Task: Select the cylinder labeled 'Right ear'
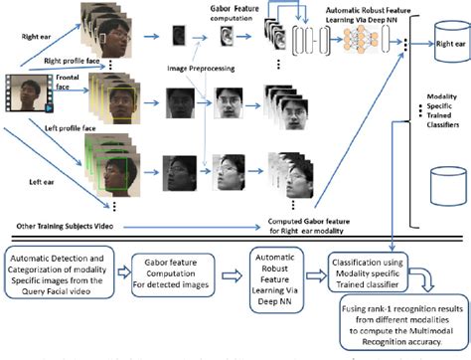pyautogui.click(x=437, y=45)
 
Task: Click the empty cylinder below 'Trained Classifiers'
pyautogui.click(x=436, y=183)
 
